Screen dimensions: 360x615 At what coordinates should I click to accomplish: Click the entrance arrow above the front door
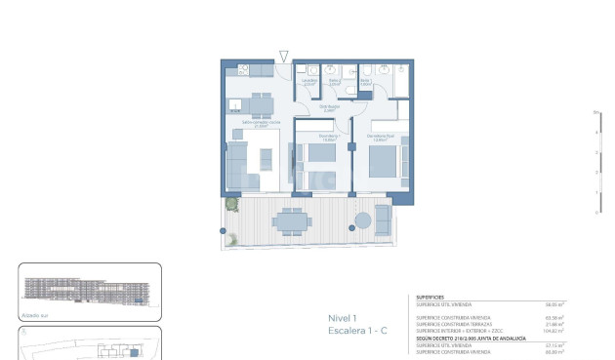click(x=284, y=57)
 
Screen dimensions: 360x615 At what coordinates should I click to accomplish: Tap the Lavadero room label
click(x=309, y=82)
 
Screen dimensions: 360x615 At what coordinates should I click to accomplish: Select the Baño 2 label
click(x=334, y=83)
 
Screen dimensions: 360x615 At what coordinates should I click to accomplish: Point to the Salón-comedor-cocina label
click(x=255, y=123)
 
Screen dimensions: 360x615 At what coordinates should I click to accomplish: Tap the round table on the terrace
click(x=364, y=221)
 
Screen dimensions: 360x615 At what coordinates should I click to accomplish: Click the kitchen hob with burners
click(x=242, y=71)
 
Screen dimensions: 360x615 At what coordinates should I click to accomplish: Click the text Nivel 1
click(x=344, y=318)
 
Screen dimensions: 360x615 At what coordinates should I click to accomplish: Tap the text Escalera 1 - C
click(x=357, y=333)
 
